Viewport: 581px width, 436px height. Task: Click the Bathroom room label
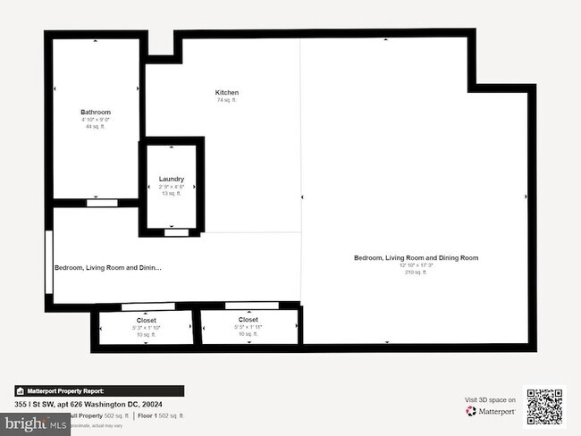96,112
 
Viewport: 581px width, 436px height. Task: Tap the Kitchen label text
226,93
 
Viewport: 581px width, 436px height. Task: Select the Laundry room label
171,179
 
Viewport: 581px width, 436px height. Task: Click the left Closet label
146,320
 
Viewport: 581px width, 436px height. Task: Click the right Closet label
248,320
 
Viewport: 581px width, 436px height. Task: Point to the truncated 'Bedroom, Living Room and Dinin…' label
108,267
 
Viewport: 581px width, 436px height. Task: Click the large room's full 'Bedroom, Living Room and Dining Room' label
416,257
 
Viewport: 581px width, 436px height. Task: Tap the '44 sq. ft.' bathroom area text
96,127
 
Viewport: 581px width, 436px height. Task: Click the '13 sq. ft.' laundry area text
171,194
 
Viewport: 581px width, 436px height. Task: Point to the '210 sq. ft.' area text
416,272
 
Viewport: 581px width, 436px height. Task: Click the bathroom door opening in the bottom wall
98,204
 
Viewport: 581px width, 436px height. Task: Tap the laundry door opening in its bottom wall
176,232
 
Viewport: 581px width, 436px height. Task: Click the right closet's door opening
249,306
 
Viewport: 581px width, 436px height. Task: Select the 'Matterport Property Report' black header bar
98,390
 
